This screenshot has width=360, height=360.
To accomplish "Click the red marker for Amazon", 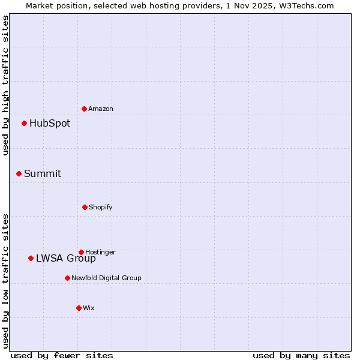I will (x=85, y=109).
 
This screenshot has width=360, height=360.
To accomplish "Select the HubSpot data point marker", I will (x=25, y=124).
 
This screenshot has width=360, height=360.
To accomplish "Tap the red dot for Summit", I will (x=19, y=173).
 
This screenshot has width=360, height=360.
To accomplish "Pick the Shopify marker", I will (x=85, y=207).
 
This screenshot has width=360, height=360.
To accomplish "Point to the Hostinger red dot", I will (x=82, y=252).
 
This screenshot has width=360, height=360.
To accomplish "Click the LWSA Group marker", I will (x=31, y=258).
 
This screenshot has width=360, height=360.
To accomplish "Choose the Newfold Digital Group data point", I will (x=68, y=278).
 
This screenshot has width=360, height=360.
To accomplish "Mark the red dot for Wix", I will (x=79, y=308).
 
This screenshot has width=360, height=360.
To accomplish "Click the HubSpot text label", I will (x=50, y=124).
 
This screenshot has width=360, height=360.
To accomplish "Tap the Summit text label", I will (x=43, y=173).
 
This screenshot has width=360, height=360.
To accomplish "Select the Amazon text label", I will (x=101, y=109).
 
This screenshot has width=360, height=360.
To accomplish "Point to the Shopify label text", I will (x=101, y=207).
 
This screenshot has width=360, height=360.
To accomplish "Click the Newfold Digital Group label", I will (x=106, y=278).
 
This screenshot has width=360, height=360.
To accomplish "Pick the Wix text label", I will (x=89, y=308).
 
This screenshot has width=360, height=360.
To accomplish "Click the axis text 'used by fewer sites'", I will (x=62, y=355).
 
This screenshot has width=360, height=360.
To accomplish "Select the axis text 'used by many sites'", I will (x=301, y=355).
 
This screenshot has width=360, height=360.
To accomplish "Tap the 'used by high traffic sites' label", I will (x=5, y=85).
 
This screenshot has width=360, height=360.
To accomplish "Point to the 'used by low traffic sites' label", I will (x=5, y=281).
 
